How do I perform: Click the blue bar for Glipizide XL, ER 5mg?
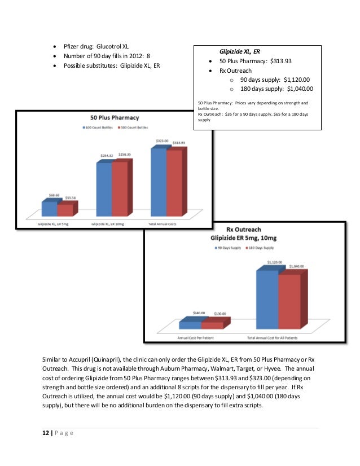pos(50,208)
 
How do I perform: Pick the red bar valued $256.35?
pos(120,189)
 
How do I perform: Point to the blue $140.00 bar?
pos(190,325)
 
